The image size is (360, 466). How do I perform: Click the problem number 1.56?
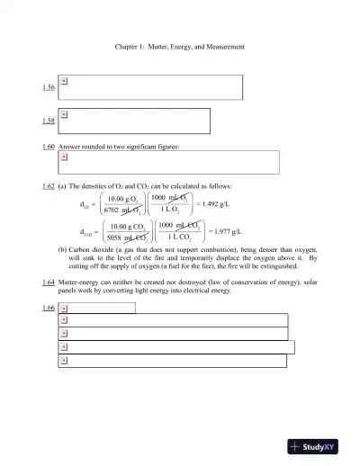click(49, 87)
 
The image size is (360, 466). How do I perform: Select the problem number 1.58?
click(49, 121)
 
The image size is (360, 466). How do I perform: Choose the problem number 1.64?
click(49, 282)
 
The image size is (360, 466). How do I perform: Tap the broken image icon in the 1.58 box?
click(64, 114)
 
